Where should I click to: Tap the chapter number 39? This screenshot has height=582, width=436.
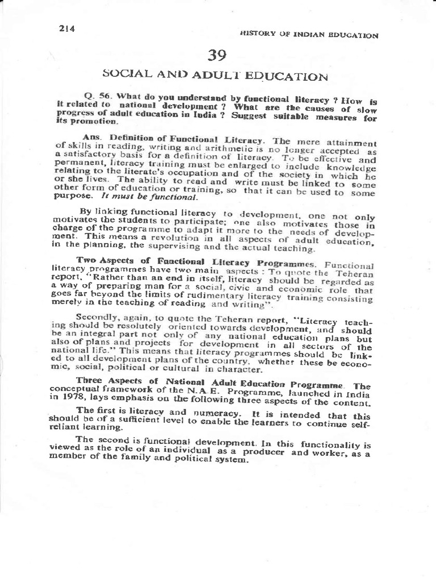217,55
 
